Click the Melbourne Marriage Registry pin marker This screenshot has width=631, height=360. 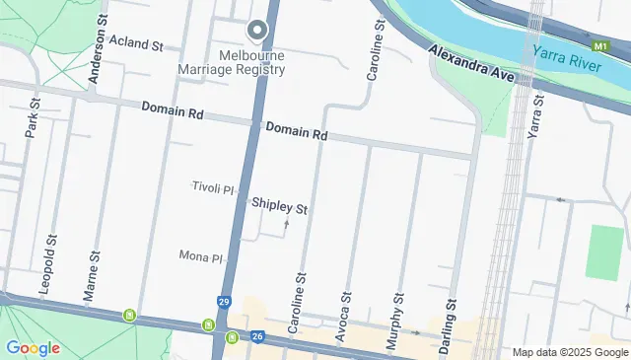257,32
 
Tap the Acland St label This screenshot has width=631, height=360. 136,43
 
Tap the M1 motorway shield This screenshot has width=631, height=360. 601,46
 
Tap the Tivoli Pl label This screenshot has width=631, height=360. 212,187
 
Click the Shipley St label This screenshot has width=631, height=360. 280,207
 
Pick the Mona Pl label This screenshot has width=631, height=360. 201,256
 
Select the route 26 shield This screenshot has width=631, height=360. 257,337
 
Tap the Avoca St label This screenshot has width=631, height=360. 344,315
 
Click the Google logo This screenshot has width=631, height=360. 33,347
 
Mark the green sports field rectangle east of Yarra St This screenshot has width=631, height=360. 604,252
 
